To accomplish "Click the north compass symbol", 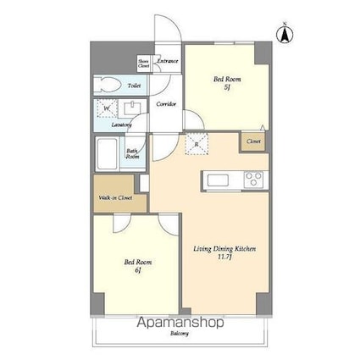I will (285, 34).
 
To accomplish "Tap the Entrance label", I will (166, 61).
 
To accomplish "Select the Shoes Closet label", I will (144, 64).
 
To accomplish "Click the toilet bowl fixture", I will (108, 84).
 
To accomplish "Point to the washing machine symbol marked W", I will (107, 108).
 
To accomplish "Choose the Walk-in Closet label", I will (115, 197).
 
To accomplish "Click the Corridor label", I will (167, 104).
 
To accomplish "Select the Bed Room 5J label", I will (226, 82).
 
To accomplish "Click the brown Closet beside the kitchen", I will (253, 141).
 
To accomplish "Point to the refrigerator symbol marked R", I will (197, 143).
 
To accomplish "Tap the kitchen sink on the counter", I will (214, 180).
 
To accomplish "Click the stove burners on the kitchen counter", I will (252, 180).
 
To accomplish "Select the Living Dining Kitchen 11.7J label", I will (224, 252).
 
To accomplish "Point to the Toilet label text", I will (134, 86).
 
